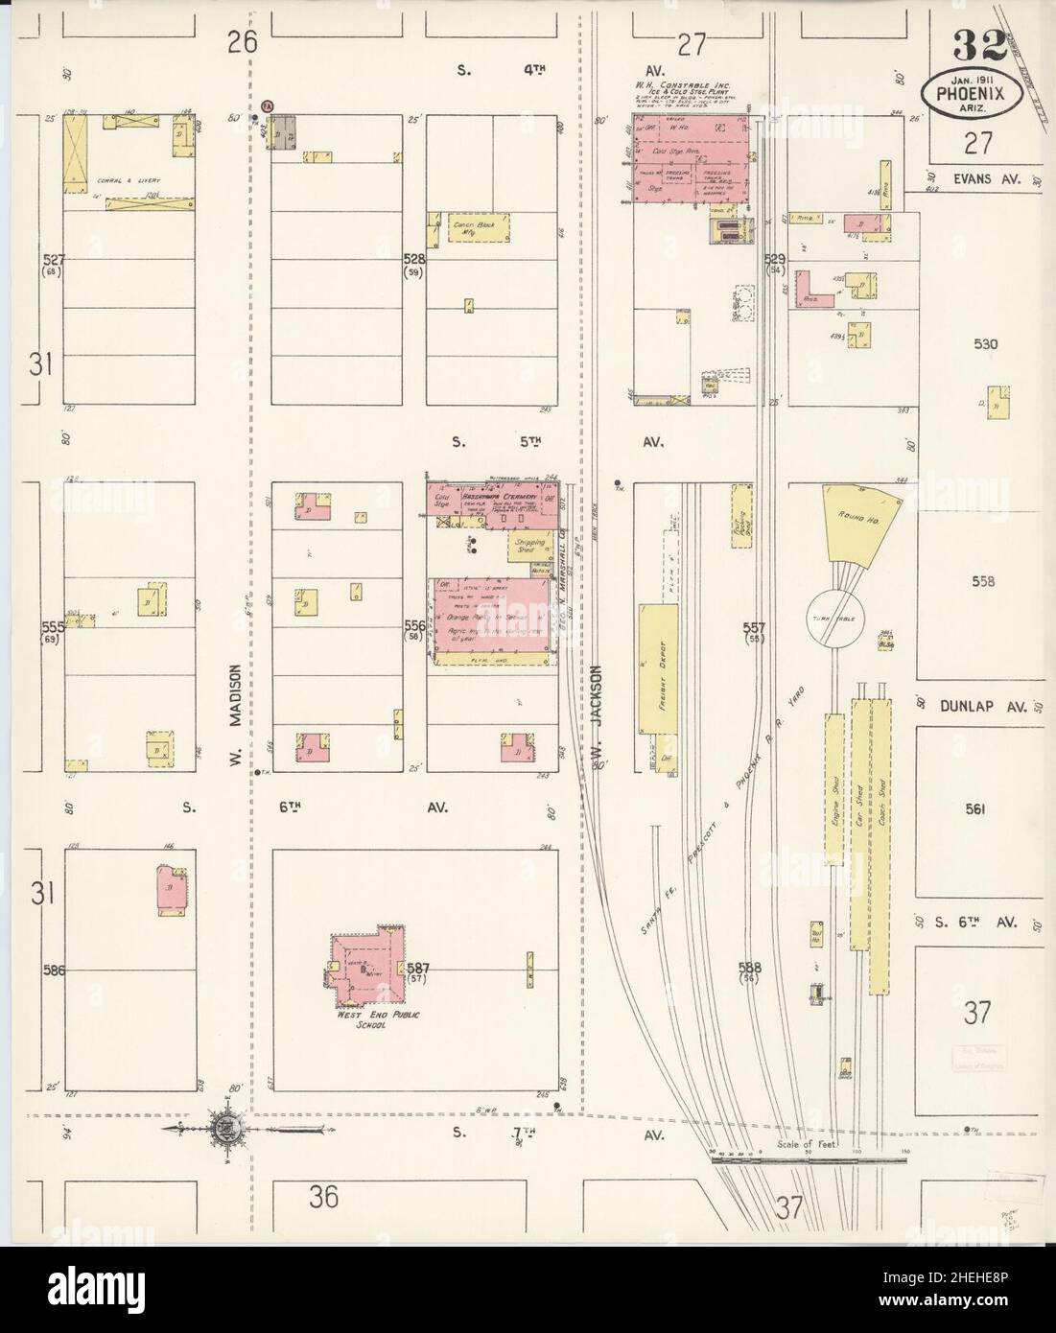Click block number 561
(x=974, y=809)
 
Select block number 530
(x=983, y=344)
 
